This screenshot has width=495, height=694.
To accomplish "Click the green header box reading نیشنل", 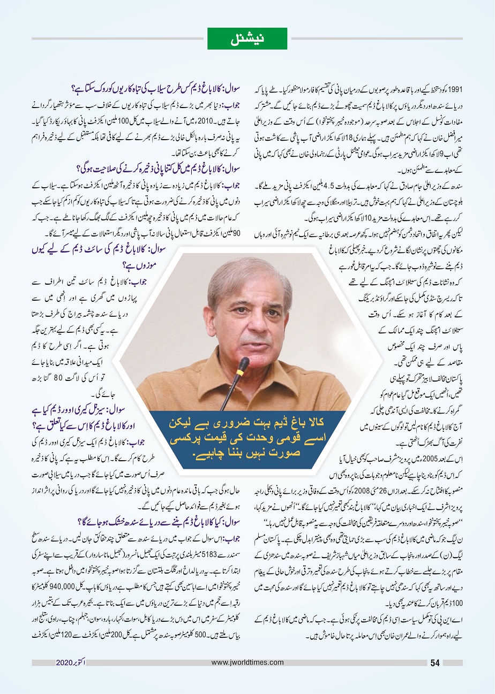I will (x=247, y=39).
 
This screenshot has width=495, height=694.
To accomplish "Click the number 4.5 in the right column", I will (x=328, y=186).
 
